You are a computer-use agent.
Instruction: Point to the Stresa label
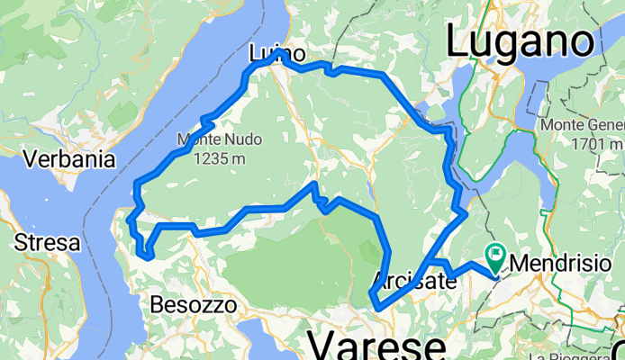[x=43, y=242]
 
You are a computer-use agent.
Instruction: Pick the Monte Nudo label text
[x=212, y=140]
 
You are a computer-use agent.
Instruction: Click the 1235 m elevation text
[x=213, y=159]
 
